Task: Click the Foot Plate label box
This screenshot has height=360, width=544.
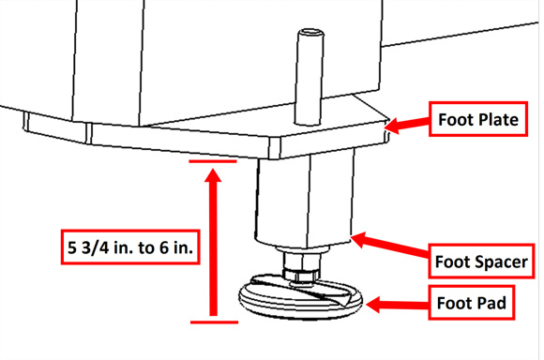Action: [x=478, y=119]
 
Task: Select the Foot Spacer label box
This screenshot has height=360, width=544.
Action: [x=481, y=262]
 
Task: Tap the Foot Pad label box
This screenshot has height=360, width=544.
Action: [x=471, y=303]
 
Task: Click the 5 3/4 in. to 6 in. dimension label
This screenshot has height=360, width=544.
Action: [x=130, y=247]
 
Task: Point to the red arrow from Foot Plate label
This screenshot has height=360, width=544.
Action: [x=407, y=125]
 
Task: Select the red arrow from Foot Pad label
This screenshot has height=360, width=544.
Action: [x=398, y=305]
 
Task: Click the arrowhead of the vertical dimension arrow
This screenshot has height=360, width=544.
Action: [x=213, y=174]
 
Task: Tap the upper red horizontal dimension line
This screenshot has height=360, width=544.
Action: [x=213, y=161]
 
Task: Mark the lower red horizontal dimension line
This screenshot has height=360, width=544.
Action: [x=214, y=322]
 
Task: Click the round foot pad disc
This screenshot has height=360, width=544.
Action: [x=300, y=297]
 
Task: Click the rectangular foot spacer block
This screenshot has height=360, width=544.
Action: [x=305, y=202]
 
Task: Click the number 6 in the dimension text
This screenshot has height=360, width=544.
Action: [x=164, y=247]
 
